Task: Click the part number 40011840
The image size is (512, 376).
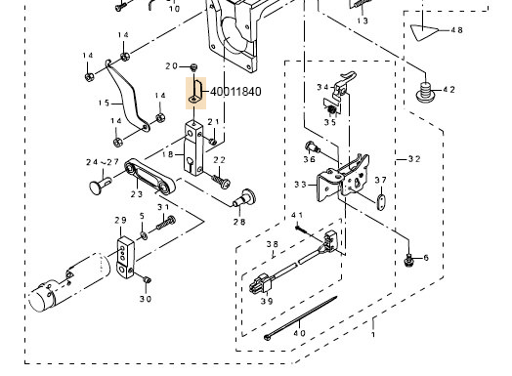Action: click(233, 92)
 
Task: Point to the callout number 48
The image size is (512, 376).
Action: click(457, 30)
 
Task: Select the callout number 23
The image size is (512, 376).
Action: click(136, 194)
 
